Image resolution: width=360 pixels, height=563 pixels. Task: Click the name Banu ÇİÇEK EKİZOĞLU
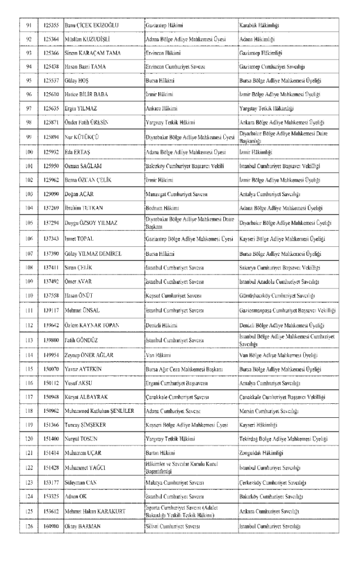(x=93, y=26)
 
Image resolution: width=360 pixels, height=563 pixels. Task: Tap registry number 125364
(x=50, y=40)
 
